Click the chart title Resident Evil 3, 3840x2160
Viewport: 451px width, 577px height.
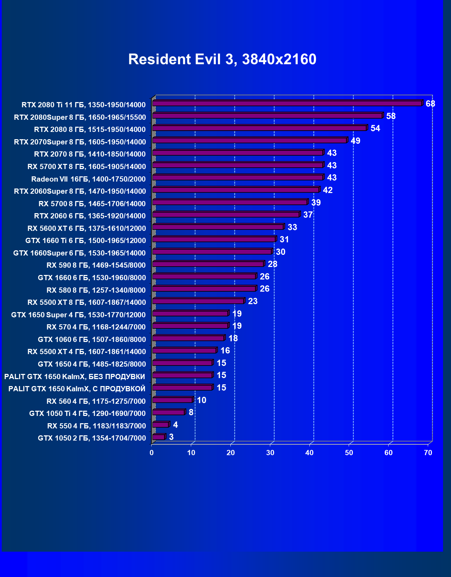(x=222, y=59)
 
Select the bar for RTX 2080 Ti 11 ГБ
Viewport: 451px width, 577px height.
(x=287, y=103)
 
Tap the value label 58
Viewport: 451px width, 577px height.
(x=391, y=116)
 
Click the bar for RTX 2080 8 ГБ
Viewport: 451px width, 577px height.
(x=259, y=128)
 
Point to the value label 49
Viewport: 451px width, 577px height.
(x=355, y=141)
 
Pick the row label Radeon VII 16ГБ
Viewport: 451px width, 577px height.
(x=88, y=179)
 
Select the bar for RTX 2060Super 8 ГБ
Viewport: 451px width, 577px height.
(x=236, y=190)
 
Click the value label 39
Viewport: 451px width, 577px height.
(x=316, y=202)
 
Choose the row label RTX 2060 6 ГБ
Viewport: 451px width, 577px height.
(x=90, y=216)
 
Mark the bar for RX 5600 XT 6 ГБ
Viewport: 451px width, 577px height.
(x=218, y=227)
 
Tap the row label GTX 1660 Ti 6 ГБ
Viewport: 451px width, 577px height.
(x=86, y=241)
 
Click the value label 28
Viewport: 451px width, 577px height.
(x=272, y=264)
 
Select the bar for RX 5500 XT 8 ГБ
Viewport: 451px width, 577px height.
(x=198, y=301)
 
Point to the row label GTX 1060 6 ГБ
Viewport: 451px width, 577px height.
(x=92, y=340)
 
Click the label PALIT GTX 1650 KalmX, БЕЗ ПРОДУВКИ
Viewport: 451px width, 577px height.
(x=75, y=377)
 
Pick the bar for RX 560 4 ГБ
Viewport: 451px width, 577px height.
(x=172, y=400)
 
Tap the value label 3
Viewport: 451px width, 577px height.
(x=171, y=437)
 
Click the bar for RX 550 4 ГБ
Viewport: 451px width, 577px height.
(x=161, y=425)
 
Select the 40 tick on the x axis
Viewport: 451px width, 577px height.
(x=309, y=453)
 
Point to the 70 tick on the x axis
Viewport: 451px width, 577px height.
(x=428, y=453)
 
